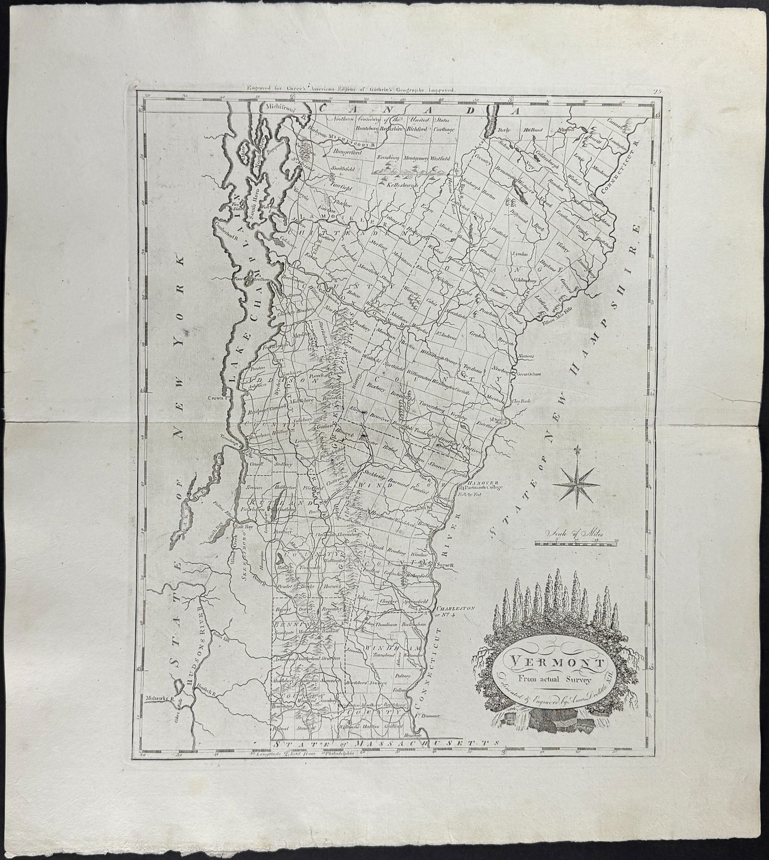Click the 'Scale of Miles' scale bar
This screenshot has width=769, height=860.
(576, 543)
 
